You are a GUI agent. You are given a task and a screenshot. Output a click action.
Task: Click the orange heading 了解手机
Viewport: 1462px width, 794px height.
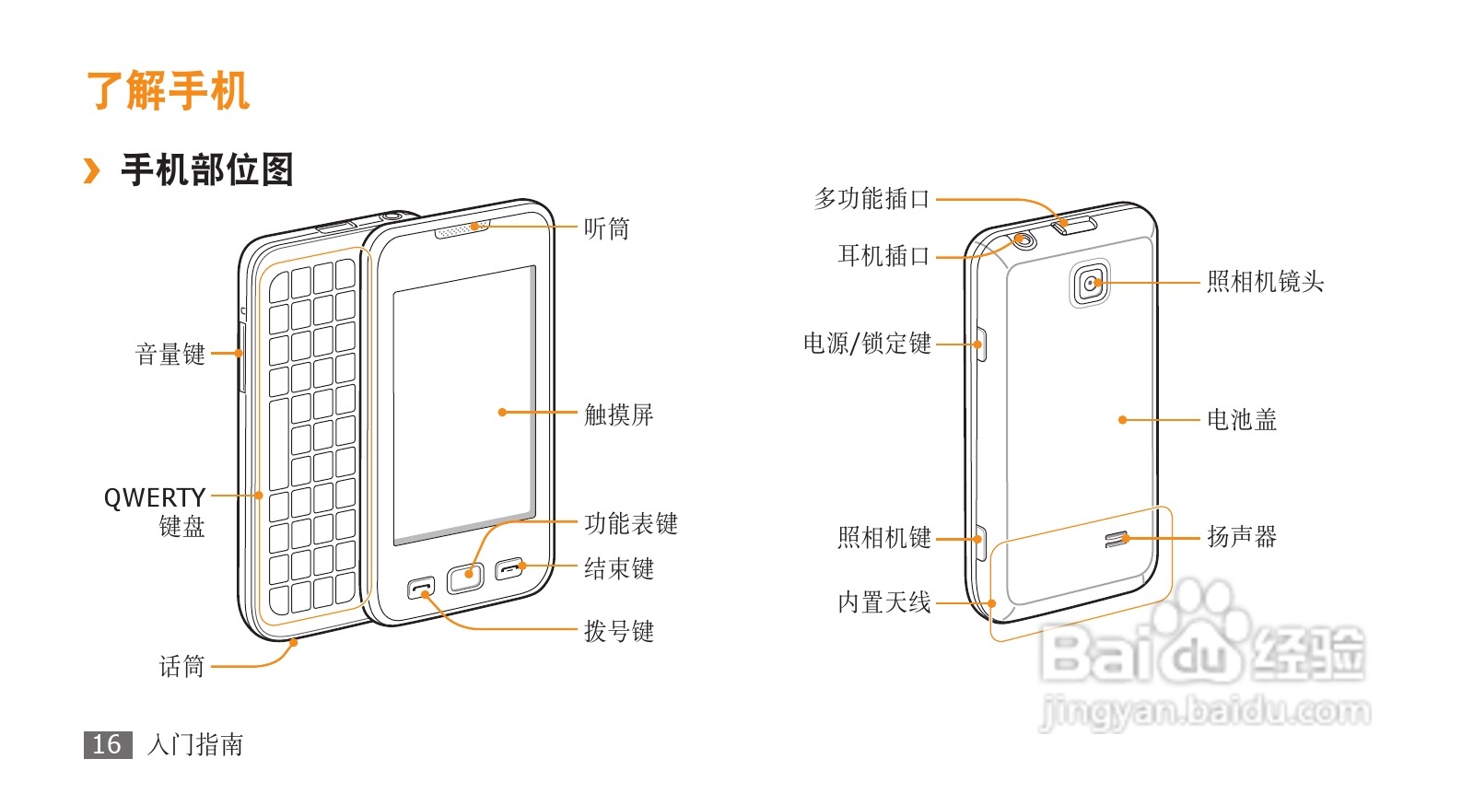(168, 90)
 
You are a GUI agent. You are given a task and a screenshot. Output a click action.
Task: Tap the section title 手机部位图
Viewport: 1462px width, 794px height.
(207, 169)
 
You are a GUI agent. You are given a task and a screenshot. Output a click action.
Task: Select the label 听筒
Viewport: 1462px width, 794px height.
(606, 228)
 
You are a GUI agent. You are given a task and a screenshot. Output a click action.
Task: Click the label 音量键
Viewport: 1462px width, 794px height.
(170, 354)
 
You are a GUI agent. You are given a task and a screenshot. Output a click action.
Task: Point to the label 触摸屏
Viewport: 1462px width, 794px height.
(619, 415)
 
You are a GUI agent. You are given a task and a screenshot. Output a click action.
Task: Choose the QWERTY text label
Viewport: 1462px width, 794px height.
(154, 497)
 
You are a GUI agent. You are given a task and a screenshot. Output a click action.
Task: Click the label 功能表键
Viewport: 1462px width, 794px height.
(631, 524)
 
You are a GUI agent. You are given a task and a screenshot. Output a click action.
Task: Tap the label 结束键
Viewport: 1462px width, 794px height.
(619, 568)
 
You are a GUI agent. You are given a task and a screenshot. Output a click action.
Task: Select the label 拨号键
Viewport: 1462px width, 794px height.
(619, 631)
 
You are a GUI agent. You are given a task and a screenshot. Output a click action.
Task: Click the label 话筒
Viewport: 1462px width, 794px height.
(181, 666)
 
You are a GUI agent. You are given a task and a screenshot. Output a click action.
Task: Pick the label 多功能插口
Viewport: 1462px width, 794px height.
(871, 199)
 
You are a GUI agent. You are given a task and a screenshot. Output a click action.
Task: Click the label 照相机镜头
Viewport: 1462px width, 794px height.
(1265, 282)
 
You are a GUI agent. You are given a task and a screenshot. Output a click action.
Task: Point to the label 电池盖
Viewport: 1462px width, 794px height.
(1242, 420)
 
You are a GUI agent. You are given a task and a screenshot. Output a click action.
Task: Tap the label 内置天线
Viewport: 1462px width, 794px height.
(884, 602)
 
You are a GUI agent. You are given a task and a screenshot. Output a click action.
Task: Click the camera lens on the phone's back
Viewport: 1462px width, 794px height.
(1092, 283)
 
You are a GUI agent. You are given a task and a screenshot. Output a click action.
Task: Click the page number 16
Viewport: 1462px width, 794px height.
(107, 744)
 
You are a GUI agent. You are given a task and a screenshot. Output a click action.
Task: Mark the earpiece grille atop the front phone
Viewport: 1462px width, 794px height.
(462, 228)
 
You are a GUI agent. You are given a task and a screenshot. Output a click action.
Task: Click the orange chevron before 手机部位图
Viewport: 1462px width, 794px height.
(91, 170)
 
